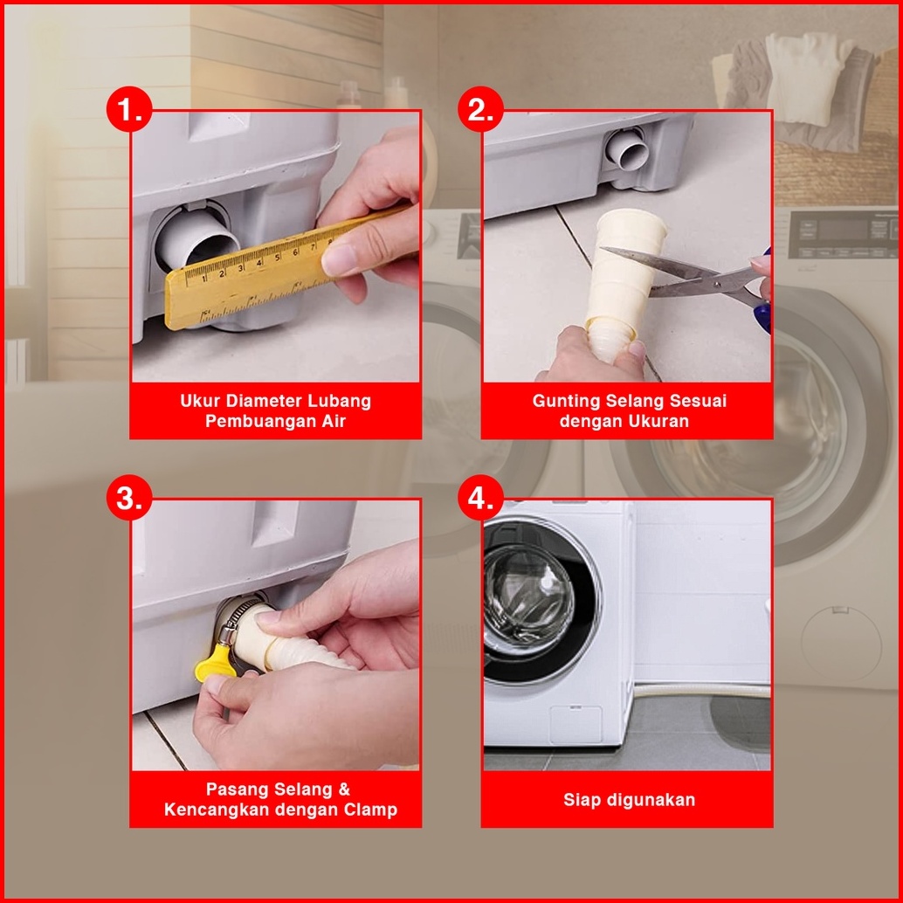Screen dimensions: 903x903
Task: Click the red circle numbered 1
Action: point(129,109)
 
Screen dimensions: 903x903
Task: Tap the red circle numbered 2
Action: point(480,109)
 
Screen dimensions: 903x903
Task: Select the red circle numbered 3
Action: point(129,498)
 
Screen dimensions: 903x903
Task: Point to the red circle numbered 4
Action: point(480,498)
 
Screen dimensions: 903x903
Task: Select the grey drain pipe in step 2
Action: point(627,148)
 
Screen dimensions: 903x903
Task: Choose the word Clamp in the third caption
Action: point(370,810)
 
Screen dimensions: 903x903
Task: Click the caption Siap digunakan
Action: point(629,800)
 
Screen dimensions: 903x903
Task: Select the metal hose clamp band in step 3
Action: point(233,619)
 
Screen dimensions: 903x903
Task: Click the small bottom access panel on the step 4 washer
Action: point(576,724)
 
